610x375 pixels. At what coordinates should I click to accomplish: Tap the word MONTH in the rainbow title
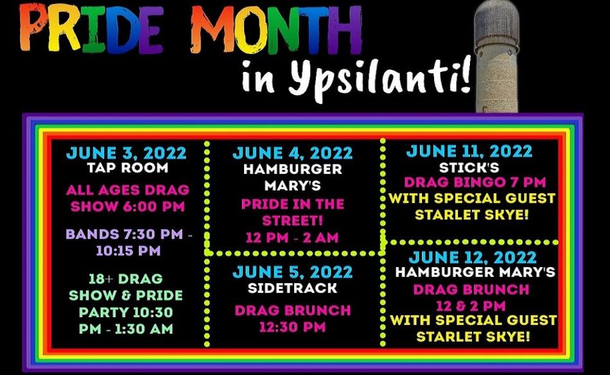coord(276,29)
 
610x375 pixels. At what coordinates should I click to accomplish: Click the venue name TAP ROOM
coord(128,168)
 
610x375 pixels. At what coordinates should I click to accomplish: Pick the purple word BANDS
coord(92,234)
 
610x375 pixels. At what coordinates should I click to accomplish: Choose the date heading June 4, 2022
coord(293,153)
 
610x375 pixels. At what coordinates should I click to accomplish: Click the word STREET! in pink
coord(293,220)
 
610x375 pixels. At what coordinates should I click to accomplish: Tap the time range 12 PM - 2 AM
coord(293,238)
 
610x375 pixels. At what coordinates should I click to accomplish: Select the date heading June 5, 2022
coord(293,272)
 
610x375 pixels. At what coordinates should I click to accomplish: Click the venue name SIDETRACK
coord(293,288)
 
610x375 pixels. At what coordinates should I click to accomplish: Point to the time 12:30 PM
coord(293,327)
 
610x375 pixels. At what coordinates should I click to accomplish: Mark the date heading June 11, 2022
coord(469,151)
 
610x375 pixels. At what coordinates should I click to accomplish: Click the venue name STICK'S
coord(469,167)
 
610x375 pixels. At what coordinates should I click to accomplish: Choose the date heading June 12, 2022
coord(473,257)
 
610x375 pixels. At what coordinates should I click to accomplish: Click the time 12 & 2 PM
coord(471,306)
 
